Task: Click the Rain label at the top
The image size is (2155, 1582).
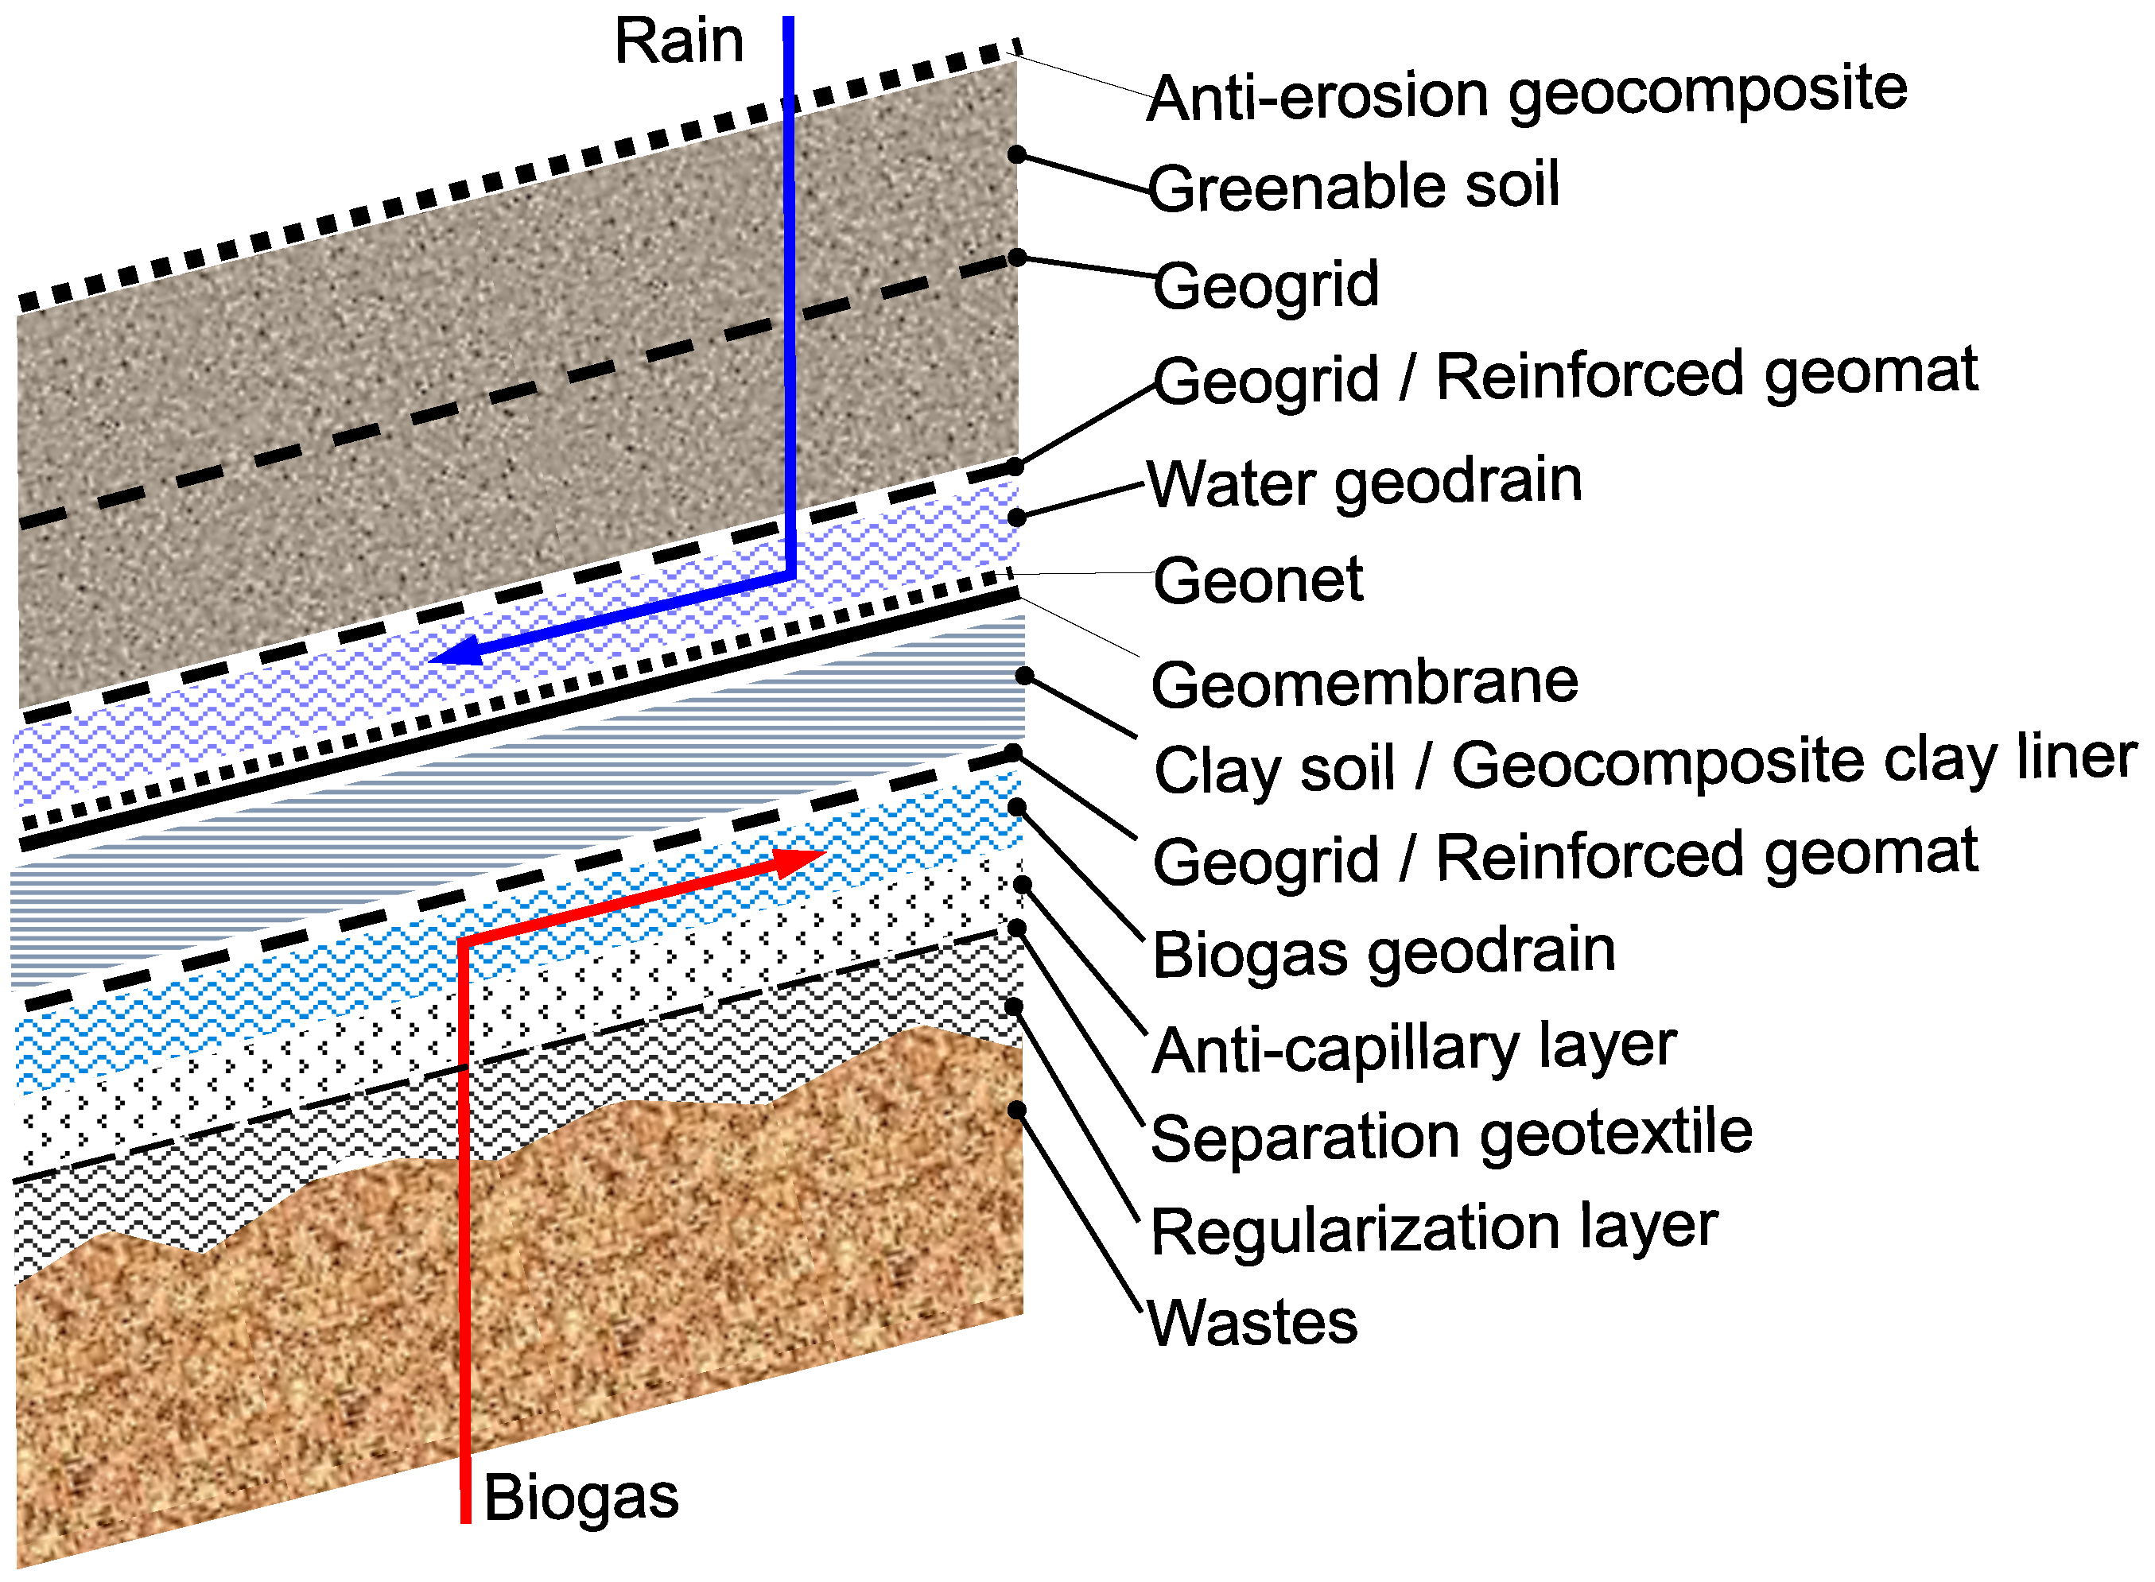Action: tap(678, 42)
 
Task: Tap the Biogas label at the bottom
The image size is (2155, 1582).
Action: tap(580, 1497)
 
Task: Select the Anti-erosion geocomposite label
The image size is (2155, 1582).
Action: tap(1527, 94)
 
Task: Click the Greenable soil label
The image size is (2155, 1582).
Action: tap(1353, 186)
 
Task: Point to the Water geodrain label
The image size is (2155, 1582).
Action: tap(1364, 482)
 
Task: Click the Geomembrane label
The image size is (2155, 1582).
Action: tap(1364, 684)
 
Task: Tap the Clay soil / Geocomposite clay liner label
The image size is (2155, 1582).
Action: tap(1644, 764)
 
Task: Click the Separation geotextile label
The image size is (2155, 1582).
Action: tap(1451, 1136)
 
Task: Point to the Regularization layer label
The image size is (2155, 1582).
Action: tap(1434, 1229)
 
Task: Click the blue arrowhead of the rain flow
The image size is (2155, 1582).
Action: tap(456, 653)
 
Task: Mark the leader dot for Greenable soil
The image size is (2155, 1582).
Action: tap(1017, 155)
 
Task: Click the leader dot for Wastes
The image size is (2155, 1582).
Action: tap(1016, 1110)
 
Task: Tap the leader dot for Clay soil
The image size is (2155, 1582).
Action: tap(1024, 675)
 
